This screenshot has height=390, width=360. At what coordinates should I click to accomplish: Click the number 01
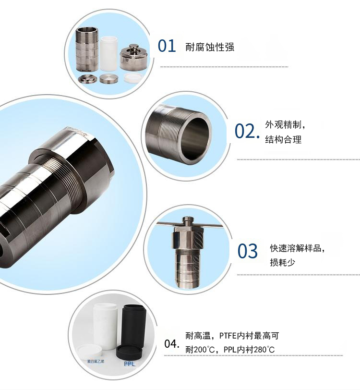click(x=167, y=46)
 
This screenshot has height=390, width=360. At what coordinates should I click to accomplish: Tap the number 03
click(x=247, y=251)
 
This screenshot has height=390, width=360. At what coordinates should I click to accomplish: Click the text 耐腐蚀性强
click(x=210, y=47)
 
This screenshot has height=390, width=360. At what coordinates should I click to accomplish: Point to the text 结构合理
click(x=283, y=140)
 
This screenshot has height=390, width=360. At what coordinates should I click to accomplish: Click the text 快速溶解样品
click(x=295, y=248)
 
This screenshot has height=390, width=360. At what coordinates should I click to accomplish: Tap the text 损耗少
click(x=282, y=262)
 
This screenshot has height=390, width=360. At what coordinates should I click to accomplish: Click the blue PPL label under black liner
click(x=129, y=364)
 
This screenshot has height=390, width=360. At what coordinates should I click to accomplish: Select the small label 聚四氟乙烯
click(x=96, y=361)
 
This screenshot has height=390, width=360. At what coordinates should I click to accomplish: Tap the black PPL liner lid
click(x=129, y=352)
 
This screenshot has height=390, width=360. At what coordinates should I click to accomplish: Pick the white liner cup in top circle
click(x=108, y=53)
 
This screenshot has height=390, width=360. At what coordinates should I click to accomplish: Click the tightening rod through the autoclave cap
click(x=190, y=225)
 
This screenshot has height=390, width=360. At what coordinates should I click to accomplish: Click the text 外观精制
click(x=283, y=124)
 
